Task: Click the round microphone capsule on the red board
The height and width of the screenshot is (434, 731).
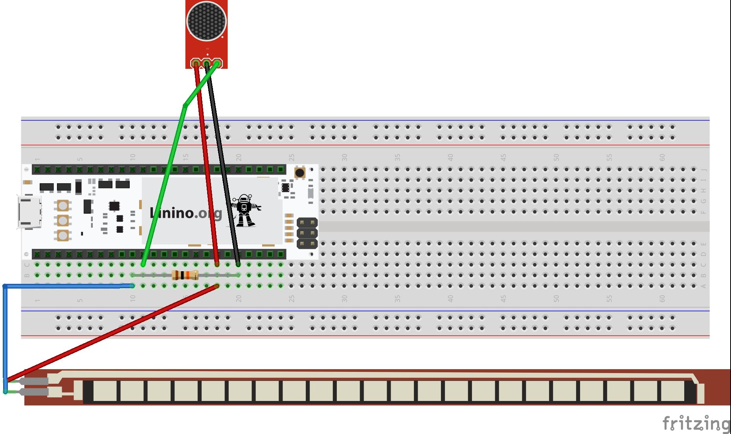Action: (206, 21)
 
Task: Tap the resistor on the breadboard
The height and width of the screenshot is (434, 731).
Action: (185, 275)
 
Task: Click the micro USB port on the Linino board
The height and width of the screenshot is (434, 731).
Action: (29, 212)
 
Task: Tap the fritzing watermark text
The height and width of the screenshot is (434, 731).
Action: (696, 423)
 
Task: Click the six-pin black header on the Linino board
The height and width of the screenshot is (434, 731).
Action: (307, 233)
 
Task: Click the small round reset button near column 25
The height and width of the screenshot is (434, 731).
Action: (299, 173)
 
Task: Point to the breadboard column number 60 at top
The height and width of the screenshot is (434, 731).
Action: (662, 157)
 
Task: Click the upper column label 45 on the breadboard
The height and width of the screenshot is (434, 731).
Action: (503, 157)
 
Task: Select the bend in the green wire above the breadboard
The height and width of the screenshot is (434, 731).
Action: (184, 105)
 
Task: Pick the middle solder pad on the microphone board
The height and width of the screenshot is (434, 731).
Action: (206, 63)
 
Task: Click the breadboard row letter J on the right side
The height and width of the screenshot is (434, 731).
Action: (703, 169)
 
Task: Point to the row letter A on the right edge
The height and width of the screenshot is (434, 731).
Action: (703, 286)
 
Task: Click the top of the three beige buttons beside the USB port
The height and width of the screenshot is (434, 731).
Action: (63, 205)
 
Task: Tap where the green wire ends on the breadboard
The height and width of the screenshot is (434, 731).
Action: (143, 265)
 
